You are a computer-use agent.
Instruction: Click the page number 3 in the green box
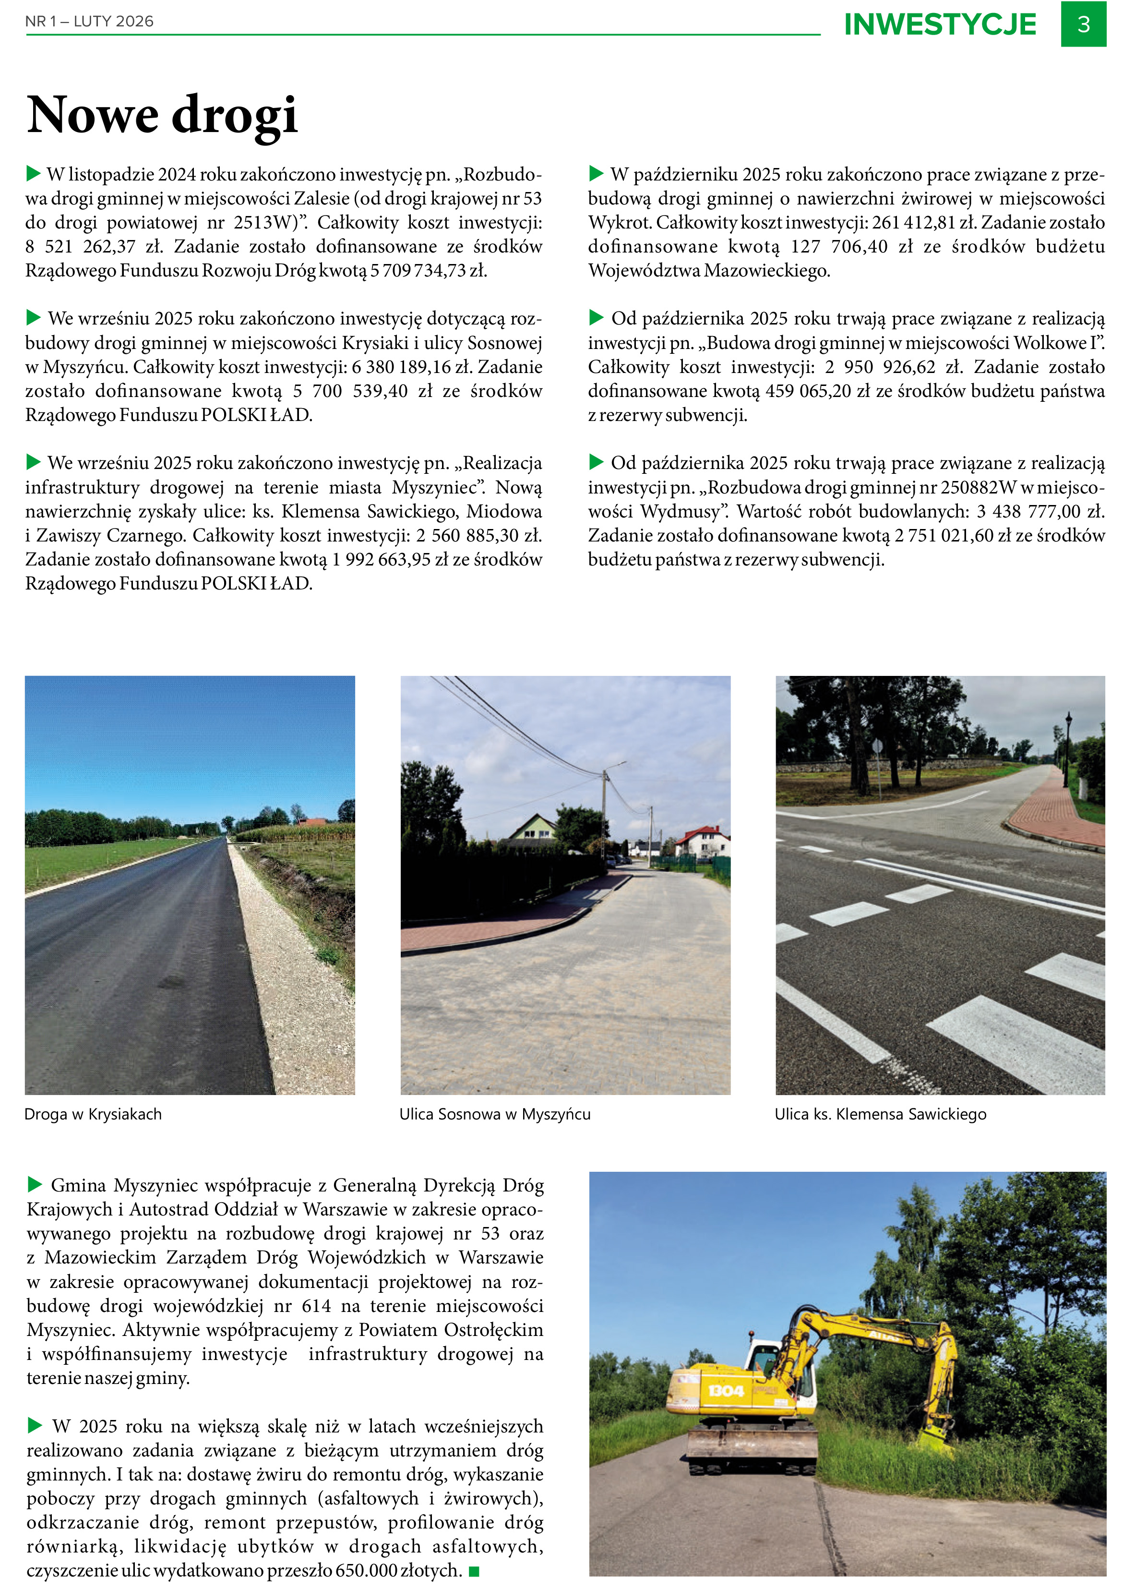pyautogui.click(x=1083, y=24)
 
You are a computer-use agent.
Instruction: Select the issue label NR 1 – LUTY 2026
pyautogui.click(x=89, y=22)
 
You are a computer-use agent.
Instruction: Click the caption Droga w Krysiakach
pyautogui.click(x=93, y=1114)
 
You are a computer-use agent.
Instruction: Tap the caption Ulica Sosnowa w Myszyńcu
pyautogui.click(x=495, y=1114)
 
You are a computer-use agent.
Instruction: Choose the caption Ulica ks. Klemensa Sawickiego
pyautogui.click(x=880, y=1114)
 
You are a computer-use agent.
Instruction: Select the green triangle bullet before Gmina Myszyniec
pyautogui.click(x=34, y=1184)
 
